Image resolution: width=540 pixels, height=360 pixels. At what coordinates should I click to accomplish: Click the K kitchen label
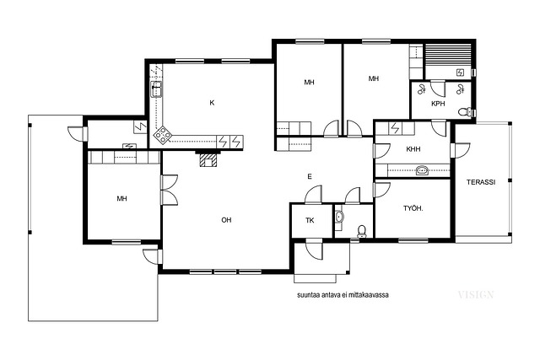[x=212, y=103]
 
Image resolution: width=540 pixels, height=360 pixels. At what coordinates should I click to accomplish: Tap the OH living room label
[x=226, y=220]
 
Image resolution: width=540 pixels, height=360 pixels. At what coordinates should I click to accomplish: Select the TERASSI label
[x=481, y=182]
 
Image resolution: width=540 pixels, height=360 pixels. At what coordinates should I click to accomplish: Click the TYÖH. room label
[x=413, y=208]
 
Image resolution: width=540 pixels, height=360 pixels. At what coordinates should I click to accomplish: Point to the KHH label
[x=413, y=149]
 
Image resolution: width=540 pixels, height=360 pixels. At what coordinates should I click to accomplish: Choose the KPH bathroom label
[x=438, y=103]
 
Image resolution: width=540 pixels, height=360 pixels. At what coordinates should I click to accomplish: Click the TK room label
[x=310, y=220]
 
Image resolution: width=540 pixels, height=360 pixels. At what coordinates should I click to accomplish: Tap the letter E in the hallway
[x=310, y=176]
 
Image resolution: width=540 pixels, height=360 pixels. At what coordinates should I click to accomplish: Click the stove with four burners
[x=162, y=135]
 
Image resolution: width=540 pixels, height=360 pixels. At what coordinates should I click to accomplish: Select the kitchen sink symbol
[x=157, y=89]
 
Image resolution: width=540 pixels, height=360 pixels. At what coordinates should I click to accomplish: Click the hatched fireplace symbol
[x=208, y=160]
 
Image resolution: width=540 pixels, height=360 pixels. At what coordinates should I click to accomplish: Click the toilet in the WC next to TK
[x=362, y=232]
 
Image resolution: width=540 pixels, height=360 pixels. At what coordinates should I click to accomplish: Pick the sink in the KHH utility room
[x=422, y=170]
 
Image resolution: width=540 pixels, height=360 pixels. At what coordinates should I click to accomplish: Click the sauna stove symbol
[x=460, y=73]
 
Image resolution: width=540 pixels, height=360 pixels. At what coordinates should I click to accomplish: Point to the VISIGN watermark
[x=476, y=294]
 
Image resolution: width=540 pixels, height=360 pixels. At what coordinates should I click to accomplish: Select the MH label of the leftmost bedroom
[x=121, y=199]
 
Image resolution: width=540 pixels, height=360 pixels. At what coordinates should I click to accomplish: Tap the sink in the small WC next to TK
[x=339, y=217]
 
